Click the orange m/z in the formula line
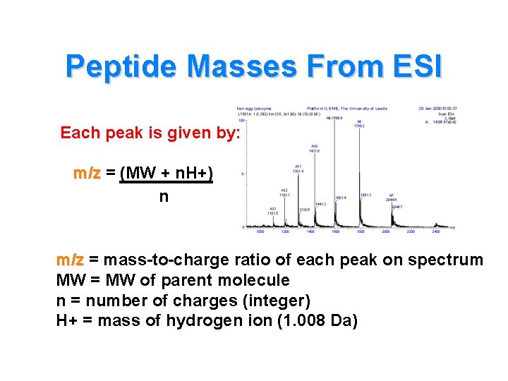[87, 174]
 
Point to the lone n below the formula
[164, 197]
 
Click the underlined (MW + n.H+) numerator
[167, 174]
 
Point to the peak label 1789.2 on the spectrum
[359, 126]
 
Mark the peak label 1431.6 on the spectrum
[315, 150]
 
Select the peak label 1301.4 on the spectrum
[299, 171]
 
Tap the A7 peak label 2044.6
[392, 198]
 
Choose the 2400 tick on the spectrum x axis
[437, 231]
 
